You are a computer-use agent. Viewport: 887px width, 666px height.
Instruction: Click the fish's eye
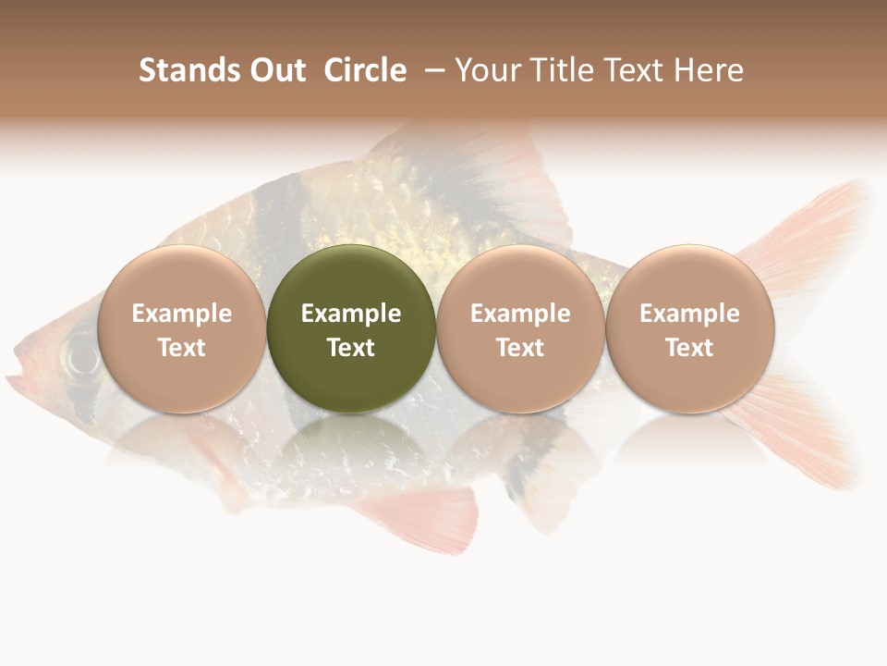click(81, 356)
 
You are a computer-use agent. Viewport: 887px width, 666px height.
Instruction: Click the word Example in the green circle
click(351, 314)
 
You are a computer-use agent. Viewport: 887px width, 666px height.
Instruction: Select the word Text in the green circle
click(351, 348)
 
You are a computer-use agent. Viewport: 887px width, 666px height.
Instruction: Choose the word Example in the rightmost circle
click(689, 314)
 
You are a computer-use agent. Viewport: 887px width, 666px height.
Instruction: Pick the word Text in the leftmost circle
click(181, 348)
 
